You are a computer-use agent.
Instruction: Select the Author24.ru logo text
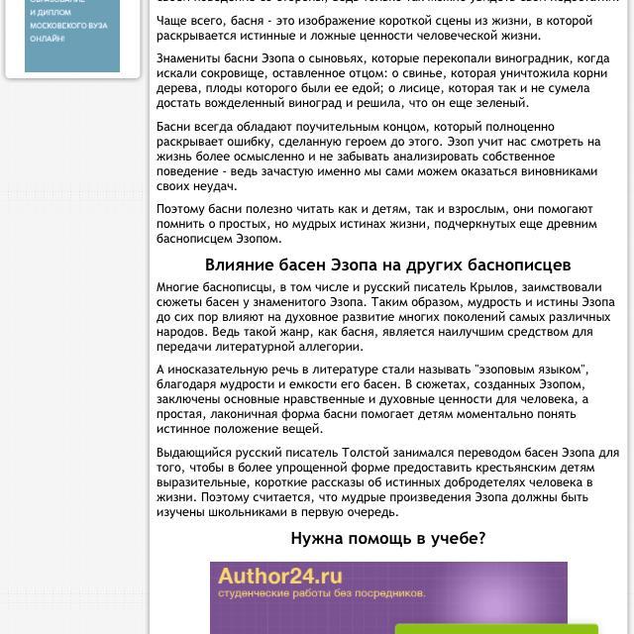click(x=280, y=577)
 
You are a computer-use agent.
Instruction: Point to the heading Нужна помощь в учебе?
click(x=387, y=539)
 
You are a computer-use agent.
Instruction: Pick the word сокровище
click(x=228, y=73)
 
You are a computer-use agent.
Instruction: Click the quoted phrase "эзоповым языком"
click(x=531, y=370)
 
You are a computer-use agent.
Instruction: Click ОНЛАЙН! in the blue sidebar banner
click(x=48, y=39)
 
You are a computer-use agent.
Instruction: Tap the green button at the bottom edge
click(x=496, y=628)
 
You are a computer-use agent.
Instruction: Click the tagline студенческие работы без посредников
click(x=322, y=593)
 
